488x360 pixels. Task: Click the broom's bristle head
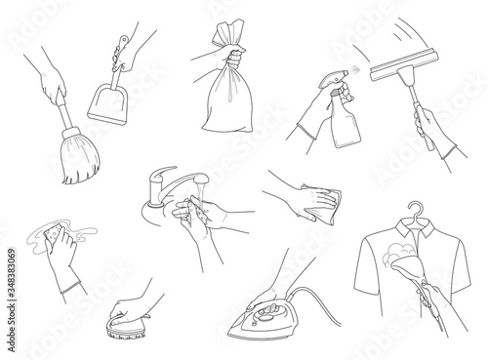pyautogui.click(x=80, y=156)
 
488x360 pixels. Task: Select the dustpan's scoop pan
pyautogui.click(x=107, y=103)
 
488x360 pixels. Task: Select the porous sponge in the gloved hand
pyautogui.click(x=55, y=233)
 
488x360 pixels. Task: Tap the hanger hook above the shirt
pyautogui.click(x=416, y=210)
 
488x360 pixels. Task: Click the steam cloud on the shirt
pyautogui.click(x=398, y=252)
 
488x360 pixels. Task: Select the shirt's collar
pyautogui.click(x=416, y=228)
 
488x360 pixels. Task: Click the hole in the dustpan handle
pyautogui.click(x=123, y=41)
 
